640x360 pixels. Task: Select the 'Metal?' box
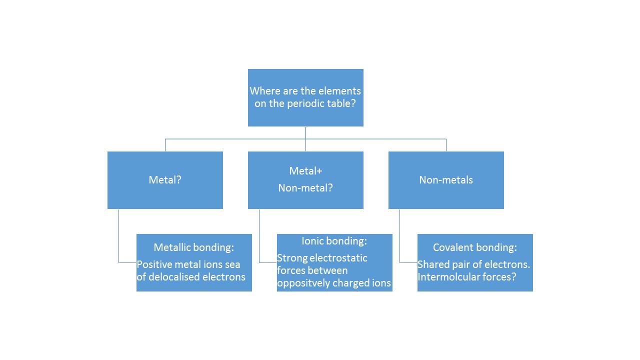coord(165,180)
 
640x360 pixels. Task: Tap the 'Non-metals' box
coord(446,180)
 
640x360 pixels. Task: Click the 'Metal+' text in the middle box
coord(305,171)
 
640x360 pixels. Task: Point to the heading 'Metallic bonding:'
coord(194,247)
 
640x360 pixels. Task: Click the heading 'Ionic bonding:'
coord(334,241)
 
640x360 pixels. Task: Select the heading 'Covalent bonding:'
coord(475,247)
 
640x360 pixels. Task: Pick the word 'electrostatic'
coord(338,258)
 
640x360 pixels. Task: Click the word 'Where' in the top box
coord(264,91)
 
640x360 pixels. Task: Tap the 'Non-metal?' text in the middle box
coord(305,188)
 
